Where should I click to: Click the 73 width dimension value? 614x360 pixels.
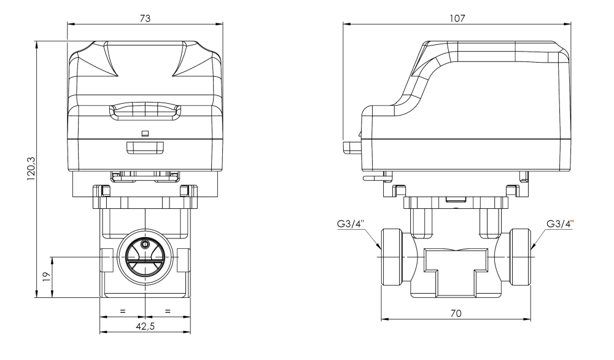pos(145,18)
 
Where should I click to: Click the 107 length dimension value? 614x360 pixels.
pos(457,18)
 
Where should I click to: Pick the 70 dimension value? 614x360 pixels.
pos(456,313)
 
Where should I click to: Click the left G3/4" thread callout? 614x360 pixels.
pos(352,224)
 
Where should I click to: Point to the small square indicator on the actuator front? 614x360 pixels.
pos(145,133)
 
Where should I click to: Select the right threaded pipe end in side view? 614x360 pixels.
pos(519,256)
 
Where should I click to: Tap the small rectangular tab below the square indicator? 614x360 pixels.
pos(145,147)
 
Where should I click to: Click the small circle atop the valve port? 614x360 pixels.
pos(145,244)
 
